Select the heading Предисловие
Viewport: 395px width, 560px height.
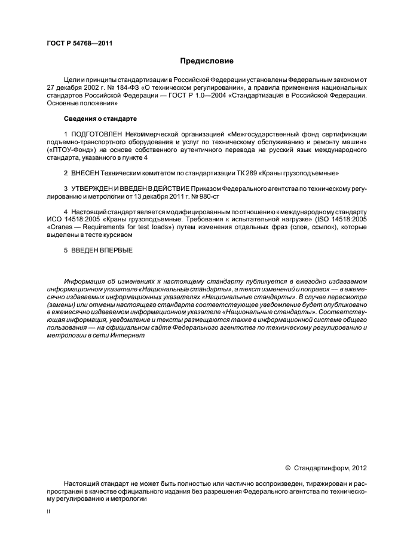[207, 61]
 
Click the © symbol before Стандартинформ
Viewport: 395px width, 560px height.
[287, 467]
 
